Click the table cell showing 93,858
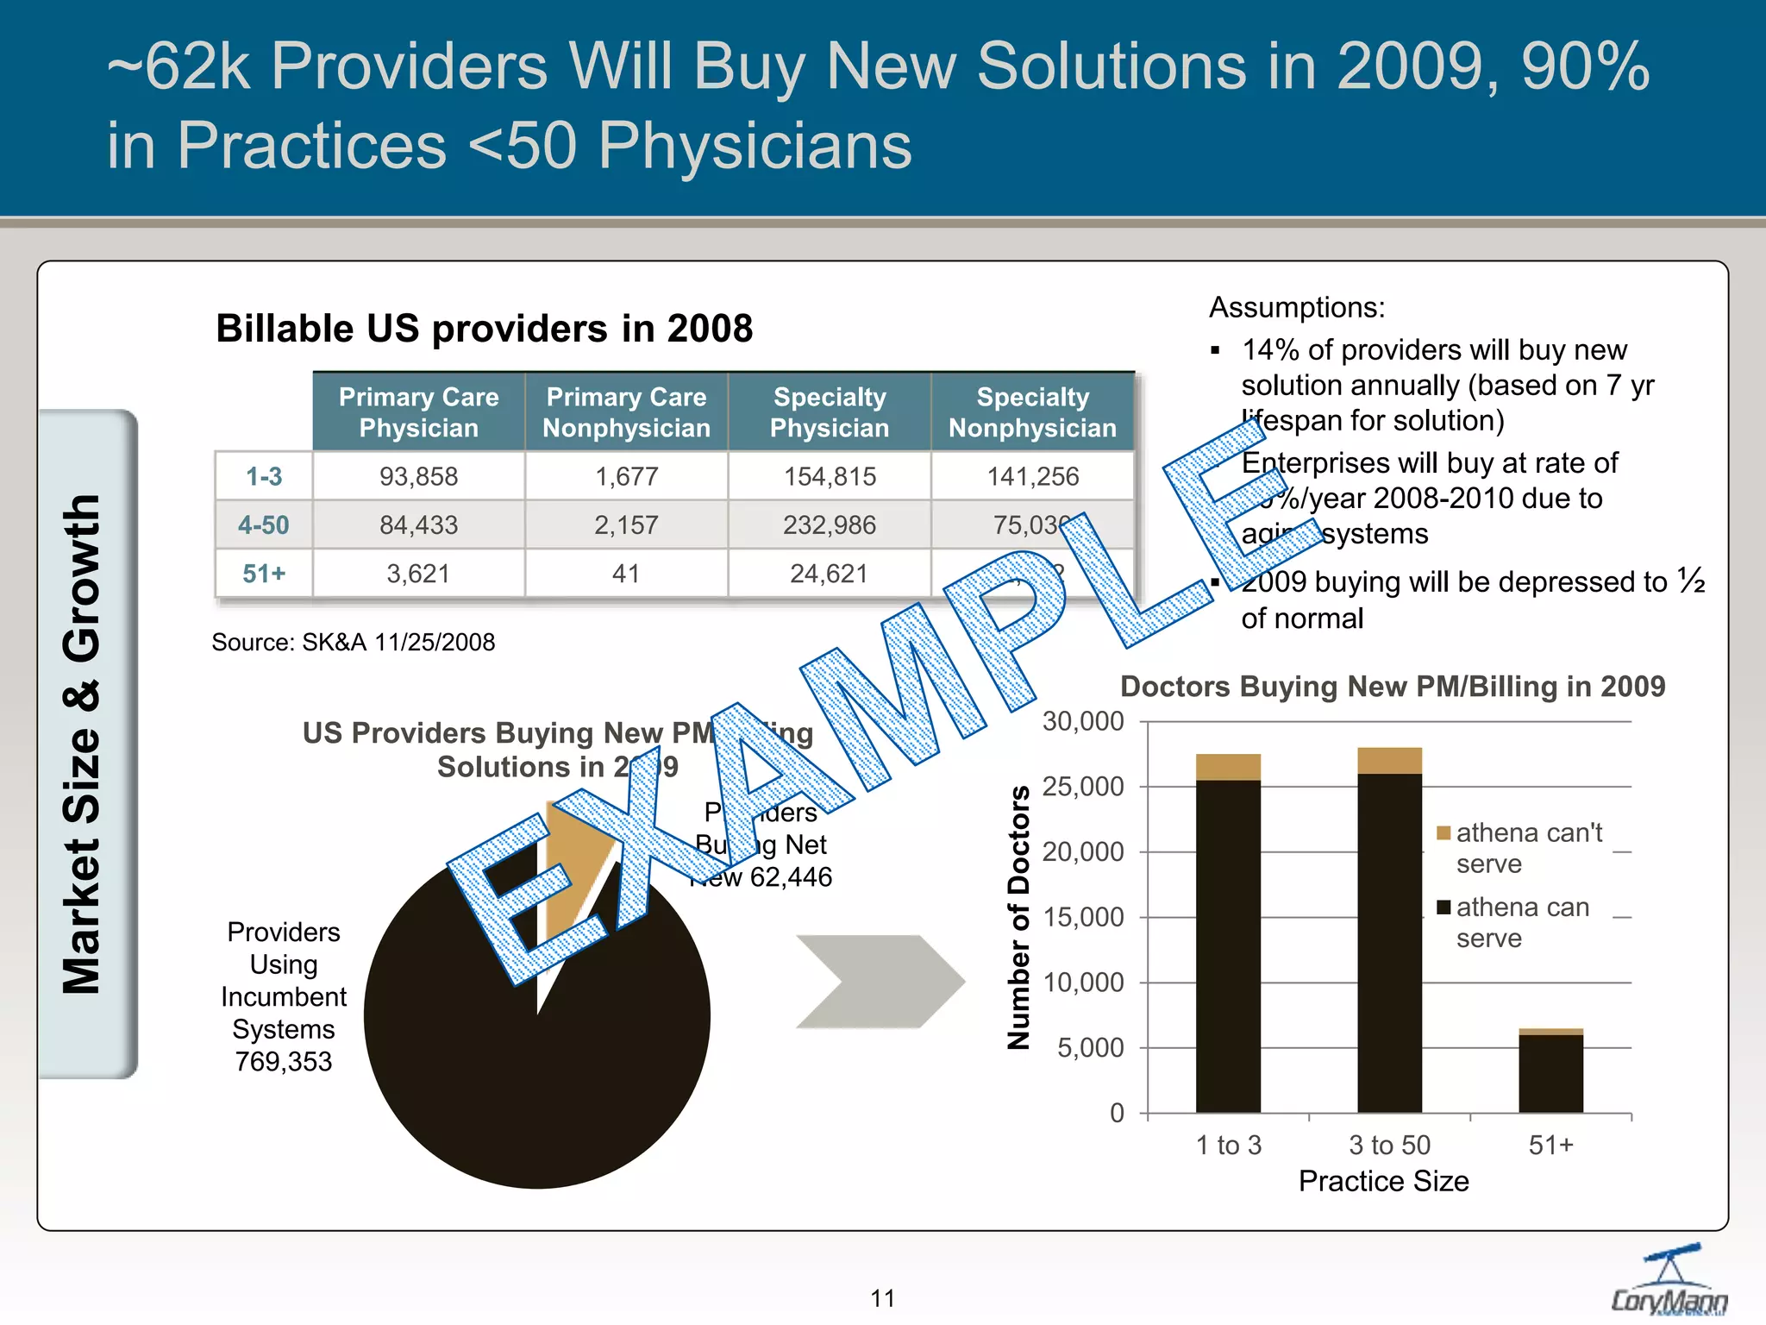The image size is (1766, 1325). [418, 476]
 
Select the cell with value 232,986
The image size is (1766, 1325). [829, 524]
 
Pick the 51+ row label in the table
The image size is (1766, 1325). [264, 573]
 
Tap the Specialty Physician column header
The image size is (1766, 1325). [829, 412]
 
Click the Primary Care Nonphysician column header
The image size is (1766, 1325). [626, 412]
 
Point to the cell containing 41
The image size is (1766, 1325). [626, 573]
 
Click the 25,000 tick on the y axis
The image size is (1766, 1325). [1083, 787]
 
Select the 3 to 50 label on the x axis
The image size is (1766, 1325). [1389, 1145]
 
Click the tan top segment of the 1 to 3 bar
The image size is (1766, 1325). [1228, 767]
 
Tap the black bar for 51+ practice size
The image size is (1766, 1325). [1550, 1073]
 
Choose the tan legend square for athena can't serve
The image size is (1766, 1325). [1443, 832]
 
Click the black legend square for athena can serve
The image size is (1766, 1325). [1443, 907]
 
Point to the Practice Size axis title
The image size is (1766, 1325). [1383, 1181]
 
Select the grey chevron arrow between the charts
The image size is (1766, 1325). [880, 981]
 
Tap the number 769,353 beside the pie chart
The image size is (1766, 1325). [284, 1061]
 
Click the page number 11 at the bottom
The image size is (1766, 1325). [882, 1297]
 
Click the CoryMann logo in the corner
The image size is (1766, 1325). [1669, 1282]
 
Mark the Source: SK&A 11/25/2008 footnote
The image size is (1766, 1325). [354, 642]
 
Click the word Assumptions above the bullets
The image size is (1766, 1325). [1296, 307]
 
